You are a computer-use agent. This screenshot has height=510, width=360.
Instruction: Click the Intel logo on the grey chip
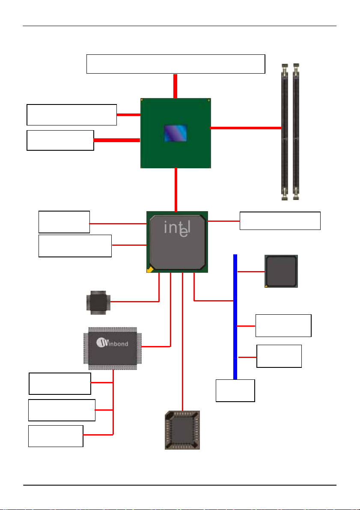(177, 228)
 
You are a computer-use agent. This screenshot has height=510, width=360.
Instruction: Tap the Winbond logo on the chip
(112, 343)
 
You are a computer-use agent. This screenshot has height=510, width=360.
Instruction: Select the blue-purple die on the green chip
(176, 133)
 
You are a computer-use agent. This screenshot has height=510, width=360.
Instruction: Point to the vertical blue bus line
(235, 317)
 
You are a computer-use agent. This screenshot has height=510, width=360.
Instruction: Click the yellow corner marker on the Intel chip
(150, 269)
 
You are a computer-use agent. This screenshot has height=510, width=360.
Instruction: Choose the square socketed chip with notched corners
(182, 430)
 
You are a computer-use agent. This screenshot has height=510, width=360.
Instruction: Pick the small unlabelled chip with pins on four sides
(98, 302)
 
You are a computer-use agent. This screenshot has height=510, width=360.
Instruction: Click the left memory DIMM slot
(285, 132)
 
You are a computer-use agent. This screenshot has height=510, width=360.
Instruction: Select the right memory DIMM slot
(296, 132)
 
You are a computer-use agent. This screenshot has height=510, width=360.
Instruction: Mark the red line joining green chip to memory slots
(246, 128)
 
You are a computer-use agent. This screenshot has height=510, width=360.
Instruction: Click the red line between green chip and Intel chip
(176, 190)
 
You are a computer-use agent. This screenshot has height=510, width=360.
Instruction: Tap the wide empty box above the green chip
(176, 64)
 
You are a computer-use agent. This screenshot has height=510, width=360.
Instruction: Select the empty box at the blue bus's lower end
(235, 391)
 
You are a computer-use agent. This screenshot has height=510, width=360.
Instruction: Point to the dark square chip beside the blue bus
(281, 271)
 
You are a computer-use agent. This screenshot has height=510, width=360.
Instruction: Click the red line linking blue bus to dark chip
(251, 271)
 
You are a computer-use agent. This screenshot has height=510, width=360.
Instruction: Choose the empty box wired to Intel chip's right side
(280, 221)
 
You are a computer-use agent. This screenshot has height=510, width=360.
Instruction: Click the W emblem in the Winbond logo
(102, 343)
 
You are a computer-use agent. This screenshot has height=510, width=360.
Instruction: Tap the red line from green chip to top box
(175, 86)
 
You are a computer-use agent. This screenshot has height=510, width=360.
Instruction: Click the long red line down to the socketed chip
(183, 342)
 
